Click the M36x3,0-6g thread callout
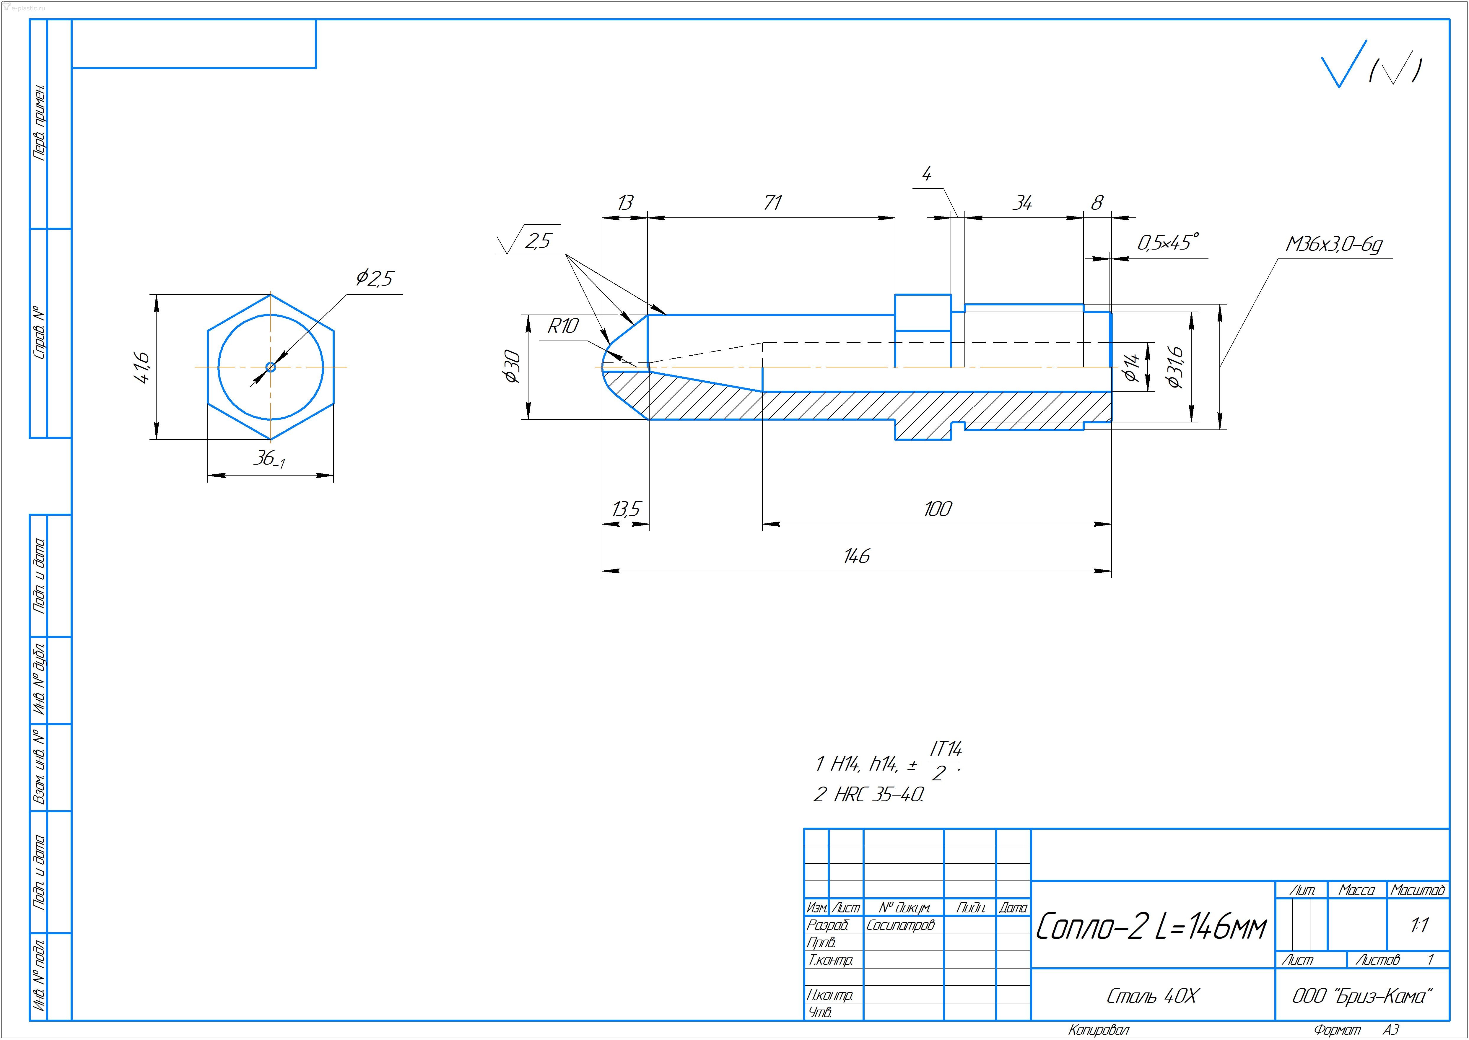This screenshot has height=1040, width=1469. (1334, 245)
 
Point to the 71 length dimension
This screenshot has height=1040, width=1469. (772, 203)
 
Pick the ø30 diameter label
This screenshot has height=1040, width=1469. (512, 366)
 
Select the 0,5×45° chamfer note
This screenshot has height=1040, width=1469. (1167, 243)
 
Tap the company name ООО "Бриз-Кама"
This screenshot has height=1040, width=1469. (1361, 996)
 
